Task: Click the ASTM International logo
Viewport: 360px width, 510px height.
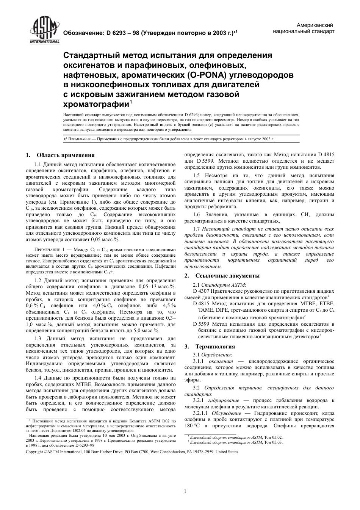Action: [44, 31]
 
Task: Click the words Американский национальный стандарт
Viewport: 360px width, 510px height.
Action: [304, 28]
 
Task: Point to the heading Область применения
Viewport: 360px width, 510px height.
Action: [65, 155]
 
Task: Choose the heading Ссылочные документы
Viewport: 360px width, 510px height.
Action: [227, 276]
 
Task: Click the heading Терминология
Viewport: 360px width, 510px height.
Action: [215, 346]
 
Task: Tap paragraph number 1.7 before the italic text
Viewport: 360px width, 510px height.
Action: [196, 229]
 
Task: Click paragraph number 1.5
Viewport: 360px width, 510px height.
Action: [196, 175]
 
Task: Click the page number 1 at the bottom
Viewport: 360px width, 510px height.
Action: [185, 491]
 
